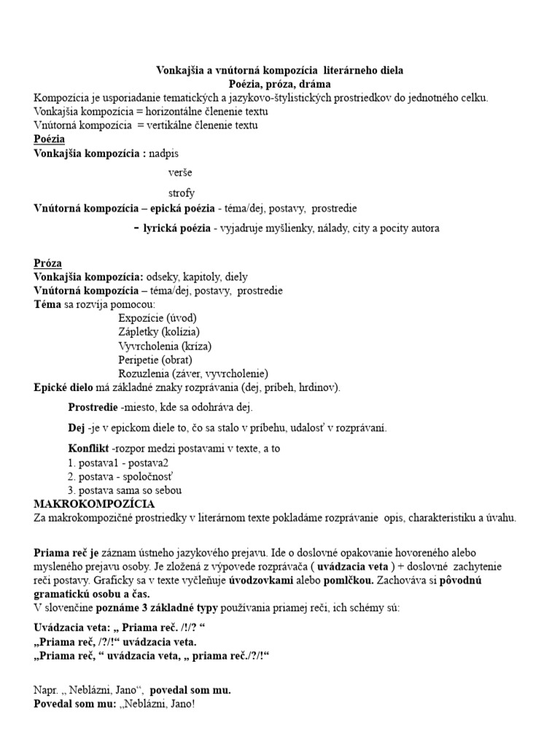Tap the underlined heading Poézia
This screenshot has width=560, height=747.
tap(50, 139)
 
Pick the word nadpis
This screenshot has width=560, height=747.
tap(164, 153)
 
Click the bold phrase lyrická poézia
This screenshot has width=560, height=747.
tap(176, 228)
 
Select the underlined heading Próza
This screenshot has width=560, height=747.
tap(48, 263)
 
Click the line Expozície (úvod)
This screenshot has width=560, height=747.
tap(157, 318)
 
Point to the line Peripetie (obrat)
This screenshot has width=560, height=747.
tap(155, 360)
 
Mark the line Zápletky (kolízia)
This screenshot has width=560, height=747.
tap(158, 332)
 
